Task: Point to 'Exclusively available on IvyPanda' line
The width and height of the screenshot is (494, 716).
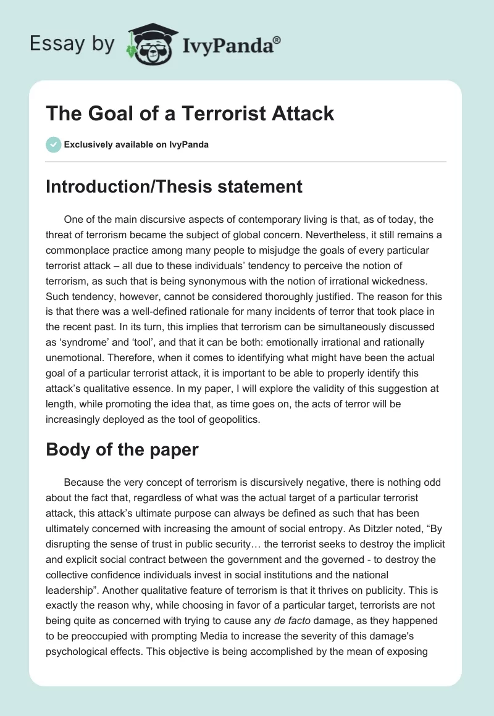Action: (x=136, y=144)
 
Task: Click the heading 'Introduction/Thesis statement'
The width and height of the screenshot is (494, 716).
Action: (x=174, y=186)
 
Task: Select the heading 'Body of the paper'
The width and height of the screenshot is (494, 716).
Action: (x=122, y=449)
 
